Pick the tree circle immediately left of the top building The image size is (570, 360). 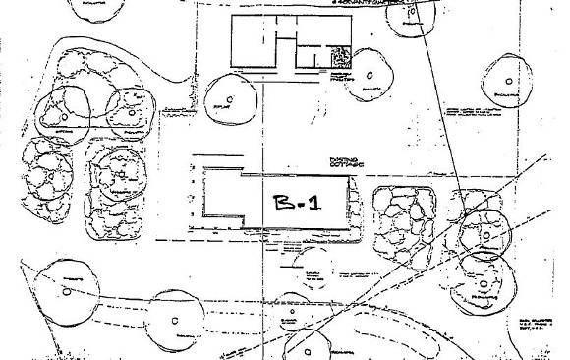(x=229, y=96)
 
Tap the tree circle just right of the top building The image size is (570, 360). (x=370, y=75)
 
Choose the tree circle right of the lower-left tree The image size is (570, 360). (x=174, y=322)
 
